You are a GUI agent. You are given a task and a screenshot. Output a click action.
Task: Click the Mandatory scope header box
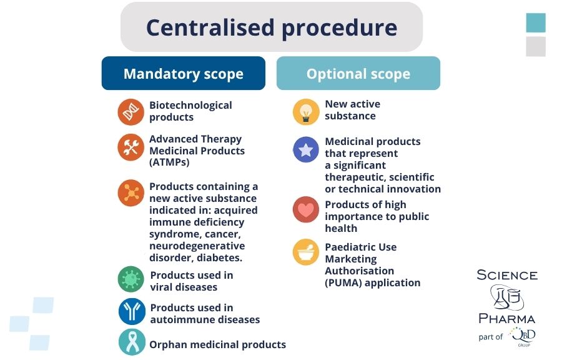coord(184,73)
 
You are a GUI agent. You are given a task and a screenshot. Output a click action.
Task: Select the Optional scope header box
coord(358,73)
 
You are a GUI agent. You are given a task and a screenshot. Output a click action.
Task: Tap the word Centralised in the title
coord(210,27)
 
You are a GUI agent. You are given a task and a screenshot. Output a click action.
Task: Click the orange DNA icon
coord(131,112)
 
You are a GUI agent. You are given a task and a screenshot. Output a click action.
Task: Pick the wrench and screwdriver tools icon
coord(131,147)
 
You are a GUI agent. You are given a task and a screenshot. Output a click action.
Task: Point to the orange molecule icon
coord(131,193)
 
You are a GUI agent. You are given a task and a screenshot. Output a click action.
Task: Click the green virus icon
coord(131,279)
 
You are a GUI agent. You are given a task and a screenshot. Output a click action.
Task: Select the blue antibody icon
coord(132,311)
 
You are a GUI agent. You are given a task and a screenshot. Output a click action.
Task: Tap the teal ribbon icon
coord(132,342)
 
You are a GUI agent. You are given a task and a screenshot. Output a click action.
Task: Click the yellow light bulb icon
coord(306,112)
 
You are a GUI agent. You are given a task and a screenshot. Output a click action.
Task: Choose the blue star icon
coord(306,149)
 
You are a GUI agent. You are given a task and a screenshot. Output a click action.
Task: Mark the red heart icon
coord(306,209)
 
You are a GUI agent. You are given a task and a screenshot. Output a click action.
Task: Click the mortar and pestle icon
coord(306,252)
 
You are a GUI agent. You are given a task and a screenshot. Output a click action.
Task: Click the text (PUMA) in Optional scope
coord(343,283)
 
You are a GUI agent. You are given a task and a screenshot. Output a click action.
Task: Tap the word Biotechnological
coord(190,106)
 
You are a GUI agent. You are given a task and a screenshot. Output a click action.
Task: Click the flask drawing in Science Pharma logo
coord(506,297)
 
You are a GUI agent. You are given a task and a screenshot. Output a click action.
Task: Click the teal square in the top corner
coord(536,22)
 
